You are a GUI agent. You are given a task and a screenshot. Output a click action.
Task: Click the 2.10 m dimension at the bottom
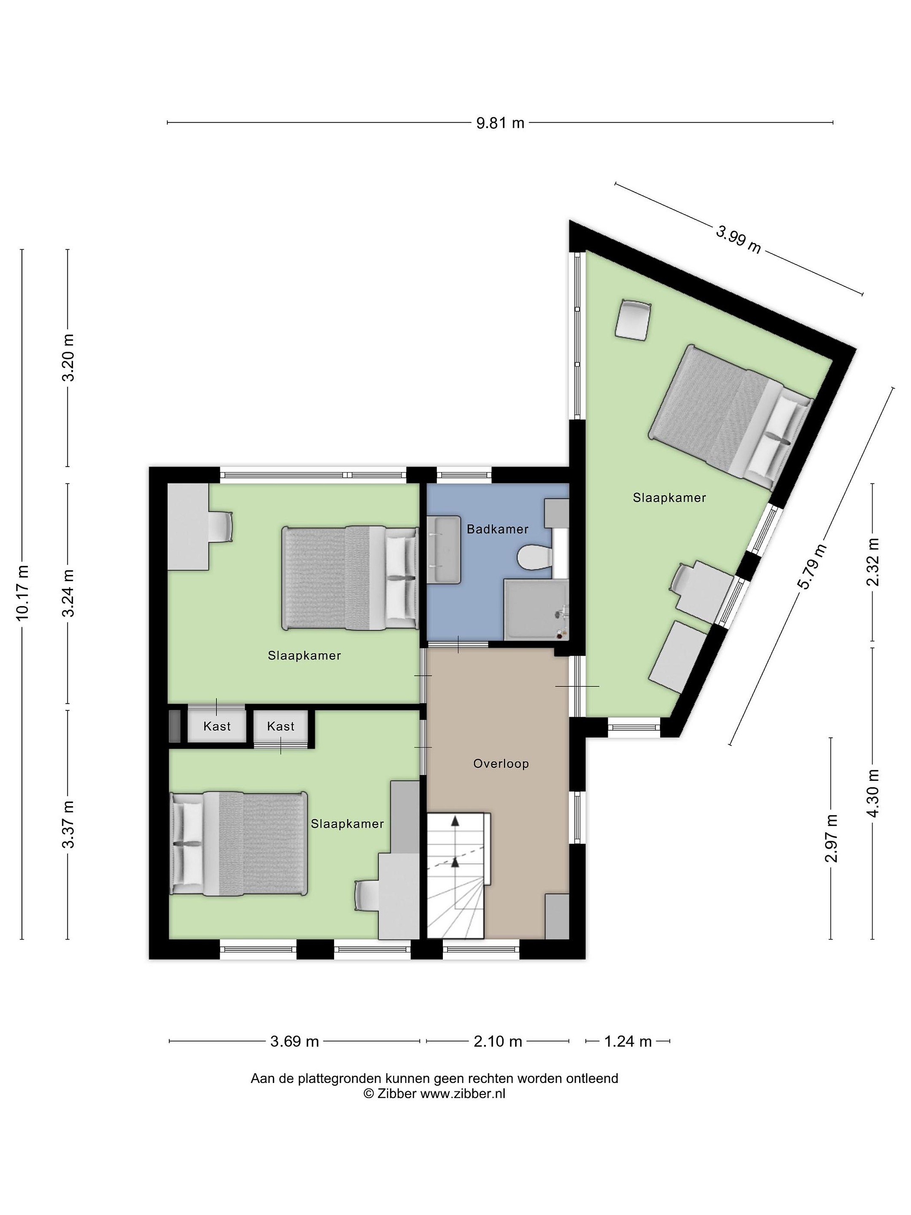coord(498,1041)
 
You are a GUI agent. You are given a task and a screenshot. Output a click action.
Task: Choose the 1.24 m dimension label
coord(628,1041)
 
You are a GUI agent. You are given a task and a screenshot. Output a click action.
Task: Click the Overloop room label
coord(501,764)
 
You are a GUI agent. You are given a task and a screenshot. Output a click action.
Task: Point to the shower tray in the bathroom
coord(536,609)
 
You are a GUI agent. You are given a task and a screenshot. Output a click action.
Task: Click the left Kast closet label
coord(217,726)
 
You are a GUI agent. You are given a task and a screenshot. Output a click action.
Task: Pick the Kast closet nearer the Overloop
coord(280,726)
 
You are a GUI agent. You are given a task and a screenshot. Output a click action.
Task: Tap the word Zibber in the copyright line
coord(396,1093)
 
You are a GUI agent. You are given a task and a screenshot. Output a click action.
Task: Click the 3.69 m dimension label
coord(294,1041)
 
